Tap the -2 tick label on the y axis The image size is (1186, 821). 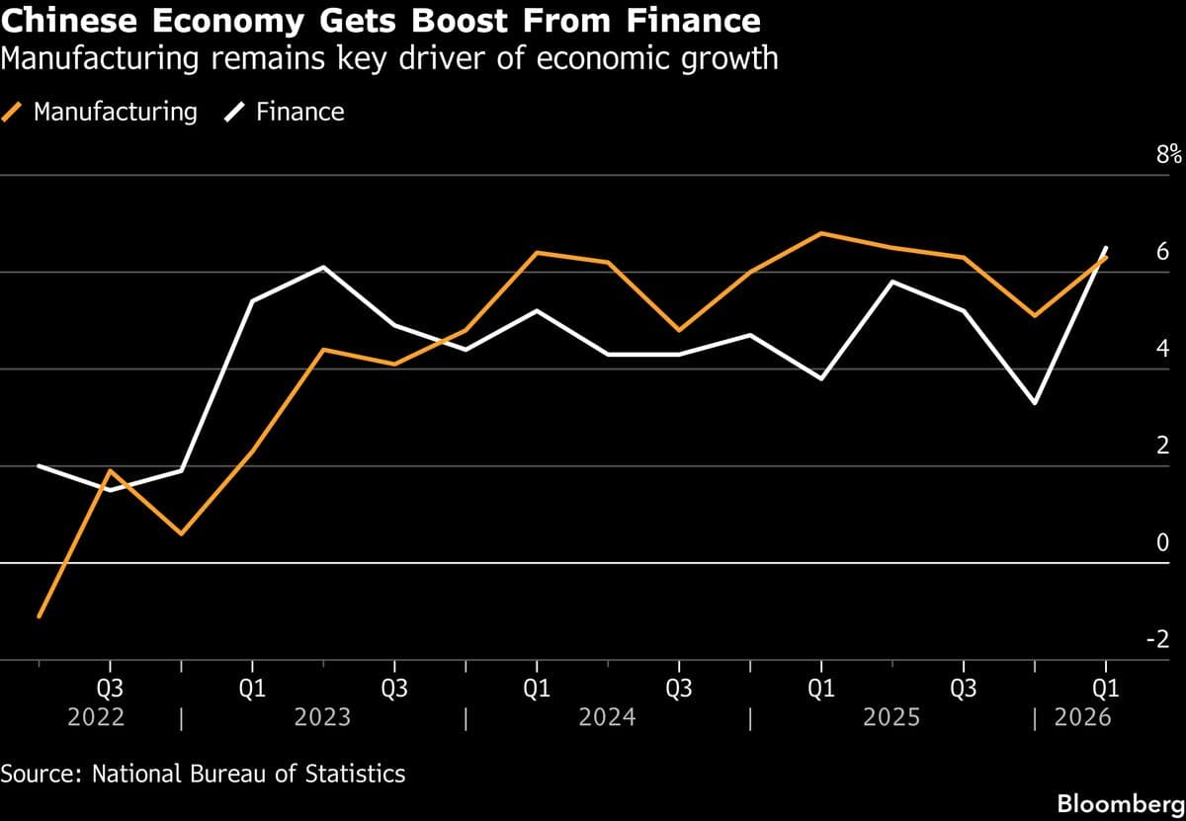1158,638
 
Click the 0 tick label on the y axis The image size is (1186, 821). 1162,541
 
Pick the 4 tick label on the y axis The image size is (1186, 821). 1162,348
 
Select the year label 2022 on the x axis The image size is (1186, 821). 96,716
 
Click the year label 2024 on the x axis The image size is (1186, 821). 607,716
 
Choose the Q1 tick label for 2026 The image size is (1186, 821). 1105,689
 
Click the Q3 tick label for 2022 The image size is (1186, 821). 110,689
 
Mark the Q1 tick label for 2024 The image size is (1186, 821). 536,689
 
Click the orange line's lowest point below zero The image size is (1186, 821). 39,616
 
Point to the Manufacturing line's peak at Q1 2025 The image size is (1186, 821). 821,233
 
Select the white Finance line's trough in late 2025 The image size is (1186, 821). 1035,403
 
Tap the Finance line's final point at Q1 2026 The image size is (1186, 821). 1106,247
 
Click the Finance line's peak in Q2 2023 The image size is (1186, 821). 323,267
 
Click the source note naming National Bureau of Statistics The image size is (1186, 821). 203,773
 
